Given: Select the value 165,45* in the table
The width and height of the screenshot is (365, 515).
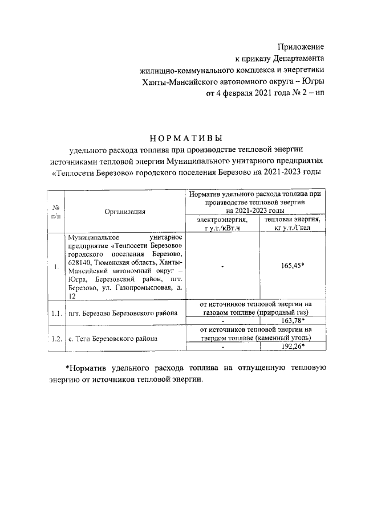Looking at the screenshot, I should (294, 266).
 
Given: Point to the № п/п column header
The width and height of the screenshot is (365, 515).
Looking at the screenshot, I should (56, 211).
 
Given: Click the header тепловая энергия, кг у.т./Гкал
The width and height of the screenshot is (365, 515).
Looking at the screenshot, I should (294, 224).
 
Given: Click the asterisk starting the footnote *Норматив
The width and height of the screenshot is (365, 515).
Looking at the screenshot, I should (67, 368).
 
